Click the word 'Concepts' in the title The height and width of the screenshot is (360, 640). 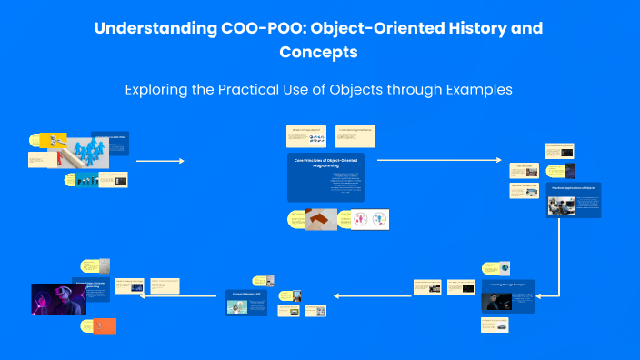click(319, 53)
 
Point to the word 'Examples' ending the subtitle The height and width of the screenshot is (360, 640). click(478, 90)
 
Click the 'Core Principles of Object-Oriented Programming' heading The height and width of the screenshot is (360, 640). click(325, 164)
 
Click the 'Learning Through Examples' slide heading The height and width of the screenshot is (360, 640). click(507, 285)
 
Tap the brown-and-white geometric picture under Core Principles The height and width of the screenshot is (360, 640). click(321, 219)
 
